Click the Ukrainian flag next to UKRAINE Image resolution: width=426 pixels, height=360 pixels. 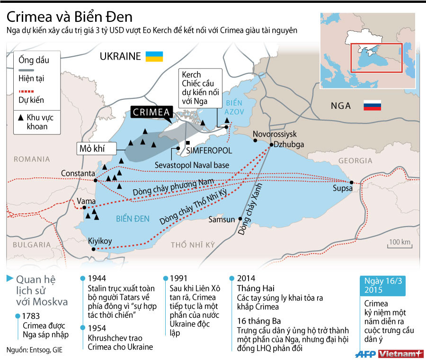pyautogui.click(x=154, y=56)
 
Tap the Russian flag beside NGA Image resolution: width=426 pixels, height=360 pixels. pyautogui.click(x=372, y=105)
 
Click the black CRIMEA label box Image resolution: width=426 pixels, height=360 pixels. pyautogui.click(x=151, y=113)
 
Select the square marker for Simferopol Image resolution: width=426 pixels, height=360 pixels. pyautogui.click(x=188, y=143)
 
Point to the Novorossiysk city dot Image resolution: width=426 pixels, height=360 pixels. pyautogui.click(x=255, y=140)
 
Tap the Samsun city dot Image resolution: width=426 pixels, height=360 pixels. pyautogui.click(x=240, y=219)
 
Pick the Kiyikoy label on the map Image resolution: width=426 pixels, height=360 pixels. pyautogui.click(x=100, y=241)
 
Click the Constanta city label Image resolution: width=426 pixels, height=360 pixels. pyautogui.click(x=78, y=174)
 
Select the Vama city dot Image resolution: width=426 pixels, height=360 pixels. pyautogui.click(x=84, y=207)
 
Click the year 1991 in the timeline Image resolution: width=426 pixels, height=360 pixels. pyautogui.click(x=178, y=278)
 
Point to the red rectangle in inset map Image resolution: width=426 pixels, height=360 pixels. pyautogui.click(x=376, y=58)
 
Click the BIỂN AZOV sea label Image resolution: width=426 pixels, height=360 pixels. pyautogui.click(x=234, y=106)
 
